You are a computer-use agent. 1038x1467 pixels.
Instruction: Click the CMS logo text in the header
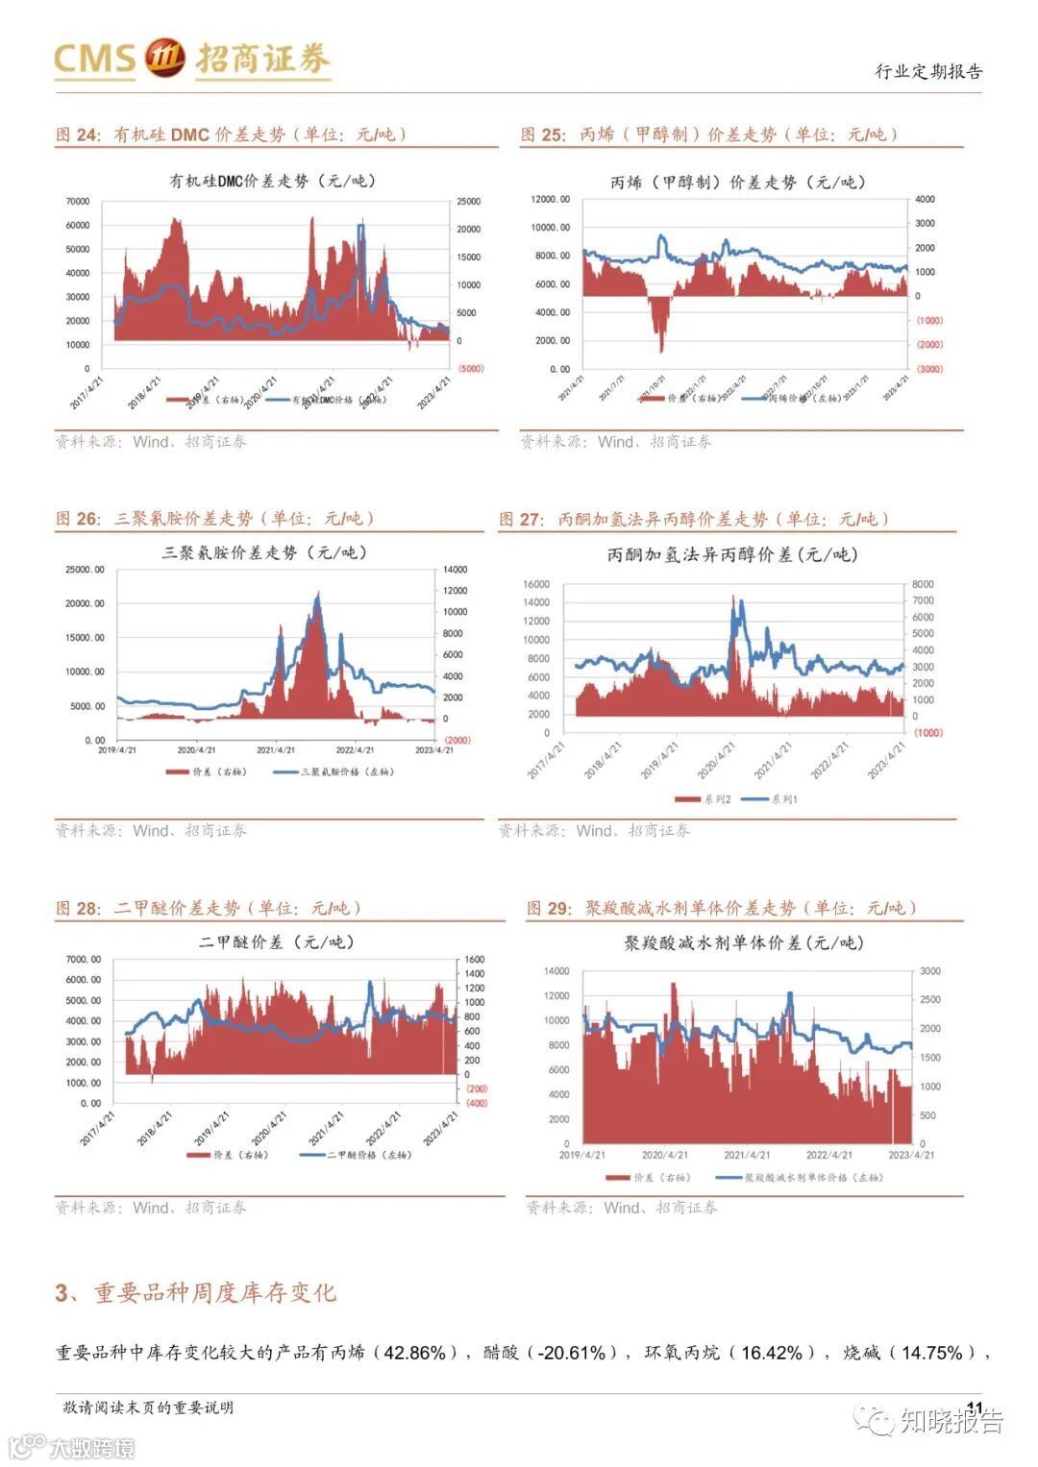pyautogui.click(x=94, y=59)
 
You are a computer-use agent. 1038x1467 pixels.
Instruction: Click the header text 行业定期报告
pyautogui.click(x=927, y=71)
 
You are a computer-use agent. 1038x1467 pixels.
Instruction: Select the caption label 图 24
pyautogui.click(x=77, y=134)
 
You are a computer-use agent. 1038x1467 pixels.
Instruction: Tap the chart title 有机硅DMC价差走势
pyautogui.click(x=272, y=181)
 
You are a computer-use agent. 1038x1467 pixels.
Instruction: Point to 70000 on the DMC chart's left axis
pyautogui.click(x=77, y=202)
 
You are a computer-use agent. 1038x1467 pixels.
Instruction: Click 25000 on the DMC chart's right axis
pyautogui.click(x=468, y=202)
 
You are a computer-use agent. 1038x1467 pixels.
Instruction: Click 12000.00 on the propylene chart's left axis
pyautogui.click(x=551, y=200)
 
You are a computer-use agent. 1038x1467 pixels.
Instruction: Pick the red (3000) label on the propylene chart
pyautogui.click(x=928, y=369)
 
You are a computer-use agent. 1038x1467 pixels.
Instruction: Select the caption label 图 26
pyautogui.click(x=77, y=519)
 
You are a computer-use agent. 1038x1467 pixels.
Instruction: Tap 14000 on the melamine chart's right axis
pyautogui.click(x=455, y=570)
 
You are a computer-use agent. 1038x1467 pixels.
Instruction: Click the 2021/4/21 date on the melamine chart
pyautogui.click(x=276, y=750)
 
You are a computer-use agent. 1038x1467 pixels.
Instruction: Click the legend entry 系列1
pyautogui.click(x=783, y=799)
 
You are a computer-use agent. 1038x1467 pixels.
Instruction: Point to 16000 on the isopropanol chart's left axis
pyautogui.click(x=535, y=584)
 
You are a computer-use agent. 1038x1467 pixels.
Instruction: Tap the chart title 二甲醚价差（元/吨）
pyautogui.click(x=277, y=942)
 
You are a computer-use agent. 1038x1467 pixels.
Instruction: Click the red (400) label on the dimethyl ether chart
pyautogui.click(x=476, y=1103)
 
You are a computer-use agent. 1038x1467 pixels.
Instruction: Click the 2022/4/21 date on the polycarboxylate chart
pyautogui.click(x=828, y=1155)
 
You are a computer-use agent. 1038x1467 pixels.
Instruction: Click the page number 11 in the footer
pyautogui.click(x=975, y=1407)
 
